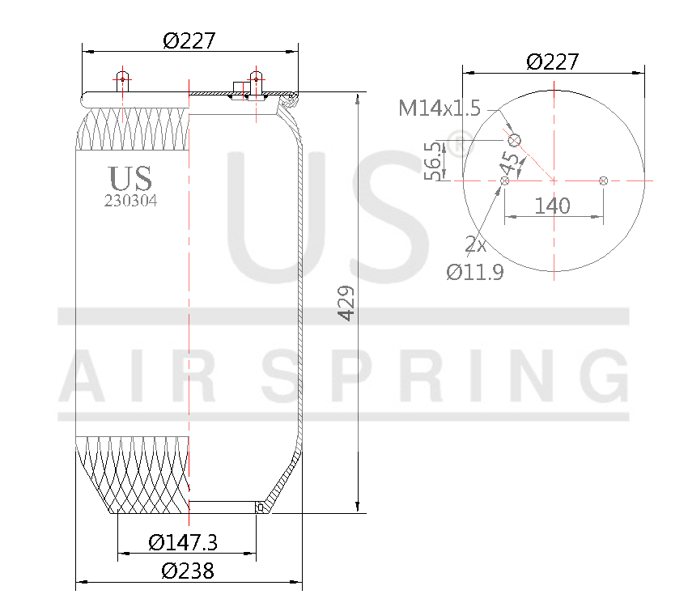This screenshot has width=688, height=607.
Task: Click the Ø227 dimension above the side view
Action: point(189,40)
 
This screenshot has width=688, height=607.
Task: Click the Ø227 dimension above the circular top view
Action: point(553,62)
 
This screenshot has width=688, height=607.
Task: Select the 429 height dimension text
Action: point(346,303)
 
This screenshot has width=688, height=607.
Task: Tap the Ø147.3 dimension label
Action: point(184,542)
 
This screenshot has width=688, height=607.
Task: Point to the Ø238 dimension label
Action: point(188,571)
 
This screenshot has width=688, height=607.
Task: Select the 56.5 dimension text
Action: point(435,161)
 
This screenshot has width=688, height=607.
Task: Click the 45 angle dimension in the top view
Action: point(510,163)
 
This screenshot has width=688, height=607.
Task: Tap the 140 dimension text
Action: point(553,206)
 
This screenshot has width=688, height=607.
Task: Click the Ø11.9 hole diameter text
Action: point(475,272)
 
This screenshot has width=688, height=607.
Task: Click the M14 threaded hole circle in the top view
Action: point(514,141)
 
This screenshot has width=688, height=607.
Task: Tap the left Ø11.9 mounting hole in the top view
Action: point(505,180)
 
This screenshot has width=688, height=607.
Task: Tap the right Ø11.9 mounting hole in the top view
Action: point(603,180)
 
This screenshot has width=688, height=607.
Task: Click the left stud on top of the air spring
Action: point(121,81)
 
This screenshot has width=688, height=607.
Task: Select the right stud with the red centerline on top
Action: point(256,81)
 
